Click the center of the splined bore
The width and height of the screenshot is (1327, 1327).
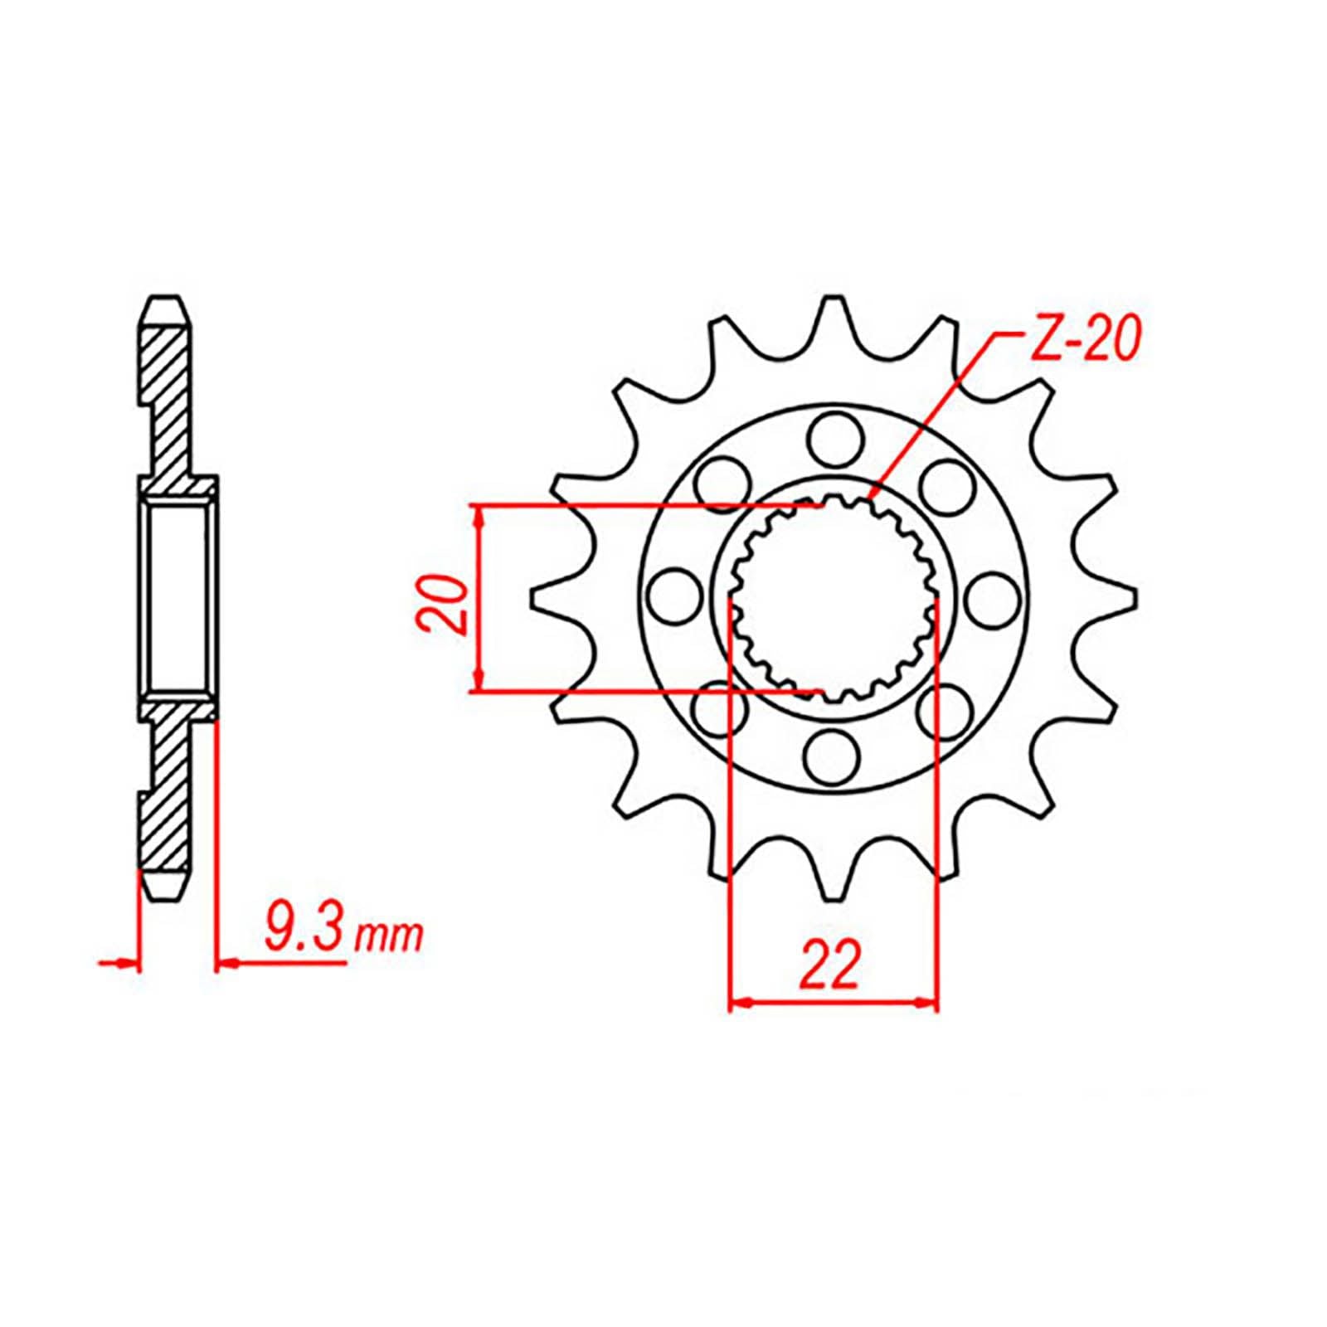point(833,596)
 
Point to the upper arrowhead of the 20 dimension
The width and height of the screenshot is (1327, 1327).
point(478,514)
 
